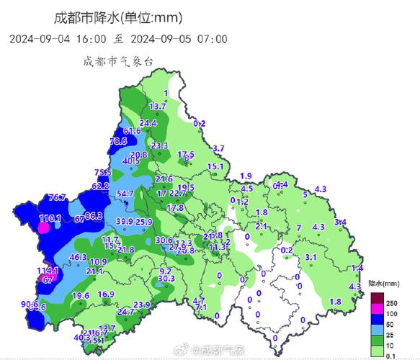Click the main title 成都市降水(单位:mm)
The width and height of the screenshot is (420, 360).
tap(118, 17)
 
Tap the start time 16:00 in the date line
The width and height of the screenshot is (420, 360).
tap(90, 39)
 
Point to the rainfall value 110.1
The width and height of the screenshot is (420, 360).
tap(50, 217)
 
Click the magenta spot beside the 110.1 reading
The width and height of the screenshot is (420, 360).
tap(44, 228)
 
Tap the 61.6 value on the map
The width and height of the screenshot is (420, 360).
tap(132, 130)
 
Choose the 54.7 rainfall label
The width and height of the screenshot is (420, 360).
tap(125, 194)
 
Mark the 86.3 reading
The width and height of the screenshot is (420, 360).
tap(94, 215)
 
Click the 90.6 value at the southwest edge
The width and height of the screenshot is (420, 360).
tap(30, 304)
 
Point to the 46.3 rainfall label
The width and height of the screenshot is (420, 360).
tap(78, 257)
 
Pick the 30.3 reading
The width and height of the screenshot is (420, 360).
tap(166, 279)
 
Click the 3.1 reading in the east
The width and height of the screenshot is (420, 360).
tap(311, 256)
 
